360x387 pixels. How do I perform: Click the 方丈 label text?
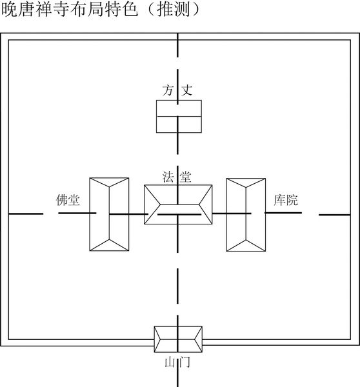click(177, 90)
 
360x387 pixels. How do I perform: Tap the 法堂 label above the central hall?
click(177, 177)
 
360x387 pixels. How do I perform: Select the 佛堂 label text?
click(68, 200)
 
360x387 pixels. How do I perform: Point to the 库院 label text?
click(286, 200)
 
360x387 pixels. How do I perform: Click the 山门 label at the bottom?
click(177, 362)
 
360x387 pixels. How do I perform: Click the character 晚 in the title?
click(10, 10)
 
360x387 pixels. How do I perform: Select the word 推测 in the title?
click(174, 10)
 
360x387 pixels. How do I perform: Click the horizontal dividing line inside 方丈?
click(179, 116)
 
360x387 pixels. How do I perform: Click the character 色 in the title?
click(130, 10)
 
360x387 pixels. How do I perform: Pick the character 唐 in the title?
click(27, 10)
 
